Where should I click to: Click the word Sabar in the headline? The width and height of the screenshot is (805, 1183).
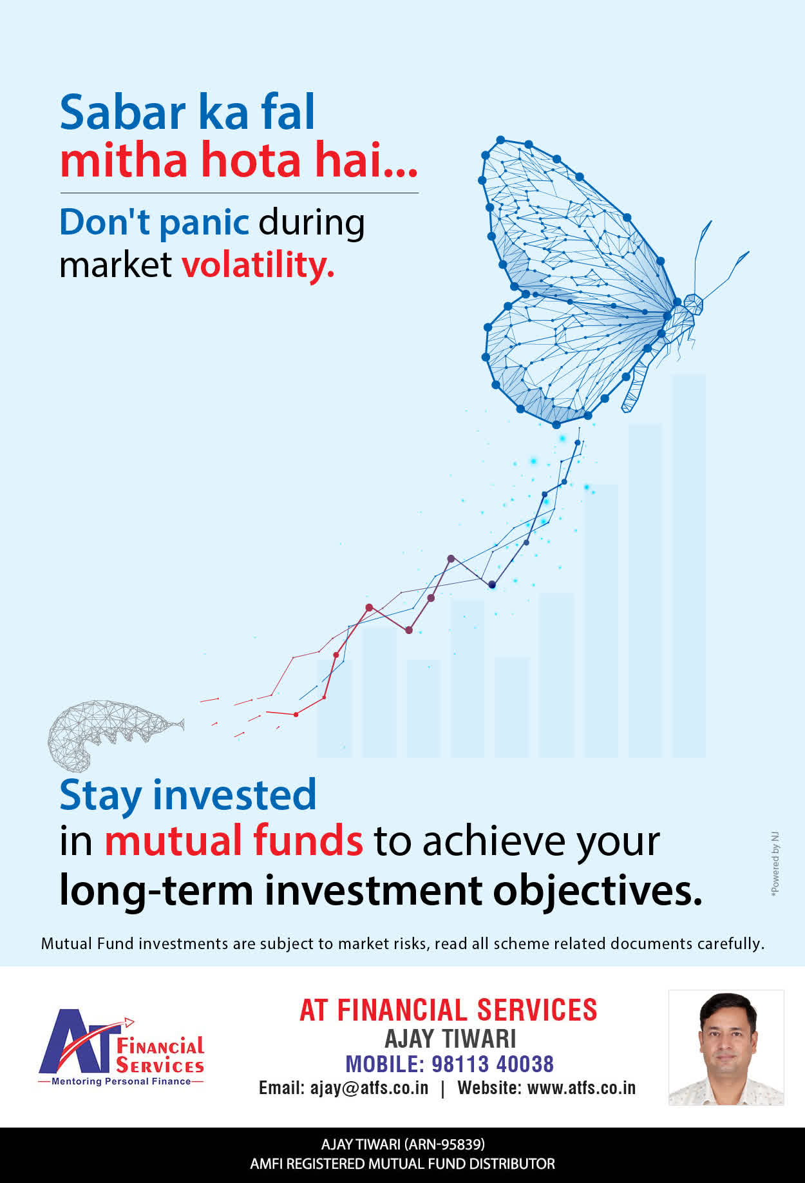pos(123,112)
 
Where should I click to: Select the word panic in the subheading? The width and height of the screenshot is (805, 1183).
pos(204,224)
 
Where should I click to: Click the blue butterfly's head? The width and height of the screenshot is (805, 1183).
pos(693,304)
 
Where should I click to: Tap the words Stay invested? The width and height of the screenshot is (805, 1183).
pos(188,795)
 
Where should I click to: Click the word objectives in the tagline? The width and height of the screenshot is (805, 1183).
pos(598,890)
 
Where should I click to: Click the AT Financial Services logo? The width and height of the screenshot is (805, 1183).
pos(121,1047)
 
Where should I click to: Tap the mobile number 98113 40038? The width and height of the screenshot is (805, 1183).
pos(493,1064)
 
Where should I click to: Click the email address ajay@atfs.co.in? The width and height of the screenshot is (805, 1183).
pos(369,1088)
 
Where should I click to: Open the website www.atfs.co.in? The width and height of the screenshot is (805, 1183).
pos(582,1088)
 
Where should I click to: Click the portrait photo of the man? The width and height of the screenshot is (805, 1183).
pos(726,1048)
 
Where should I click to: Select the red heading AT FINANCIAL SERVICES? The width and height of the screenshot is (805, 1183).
pos(448,1010)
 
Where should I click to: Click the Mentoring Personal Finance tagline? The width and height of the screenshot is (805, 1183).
pos(121,1081)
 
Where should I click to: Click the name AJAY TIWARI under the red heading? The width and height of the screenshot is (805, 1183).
pos(450,1039)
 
